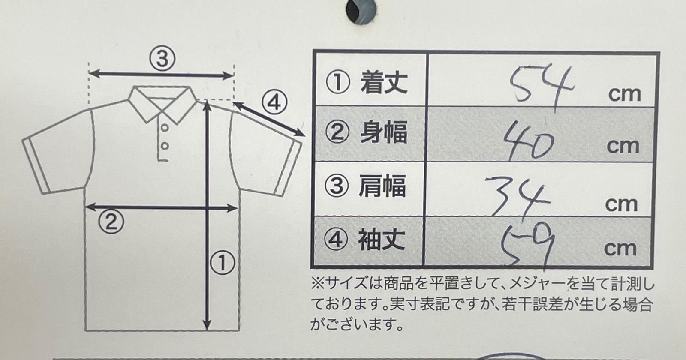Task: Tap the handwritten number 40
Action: pos(529,140)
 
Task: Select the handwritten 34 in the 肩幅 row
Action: pos(518,196)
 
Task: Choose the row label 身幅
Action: pos(384,132)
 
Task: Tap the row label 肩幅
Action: pos(382,186)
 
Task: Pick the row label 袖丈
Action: pos(382,240)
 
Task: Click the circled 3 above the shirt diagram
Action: pos(162,59)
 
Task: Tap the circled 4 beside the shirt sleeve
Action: pos(274,103)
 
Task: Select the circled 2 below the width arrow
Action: pos(111,222)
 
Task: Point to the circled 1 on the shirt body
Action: pos(223,263)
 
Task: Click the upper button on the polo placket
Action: pos(165,128)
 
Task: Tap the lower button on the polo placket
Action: pos(165,146)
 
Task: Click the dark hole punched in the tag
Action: pos(361,11)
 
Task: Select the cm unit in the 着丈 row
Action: pos(624,94)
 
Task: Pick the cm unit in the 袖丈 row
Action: pos(620,249)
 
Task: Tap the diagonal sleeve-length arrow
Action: pos(270,119)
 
